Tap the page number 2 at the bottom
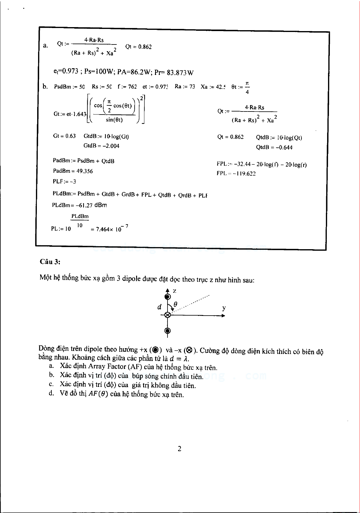pyautogui.click(x=179, y=448)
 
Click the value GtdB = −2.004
pyautogui.click(x=101, y=146)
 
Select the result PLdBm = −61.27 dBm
pyautogui.click(x=79, y=205)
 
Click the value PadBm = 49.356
pyautogui.click(x=73, y=171)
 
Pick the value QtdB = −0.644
pyautogui.click(x=274, y=147)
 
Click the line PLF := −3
pyautogui.click(x=64, y=182)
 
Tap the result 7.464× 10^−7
pyautogui.click(x=109, y=228)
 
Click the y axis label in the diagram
pyautogui.click(x=224, y=308)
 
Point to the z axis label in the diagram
pyautogui.click(x=175, y=291)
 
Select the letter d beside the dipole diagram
pyautogui.click(x=159, y=307)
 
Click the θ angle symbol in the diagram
pyautogui.click(x=175, y=304)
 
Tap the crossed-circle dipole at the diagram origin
pyautogui.click(x=167, y=315)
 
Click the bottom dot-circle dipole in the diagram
pyautogui.click(x=167, y=331)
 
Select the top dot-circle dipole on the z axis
pyautogui.click(x=167, y=297)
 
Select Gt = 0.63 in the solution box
pyautogui.click(x=64, y=136)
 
